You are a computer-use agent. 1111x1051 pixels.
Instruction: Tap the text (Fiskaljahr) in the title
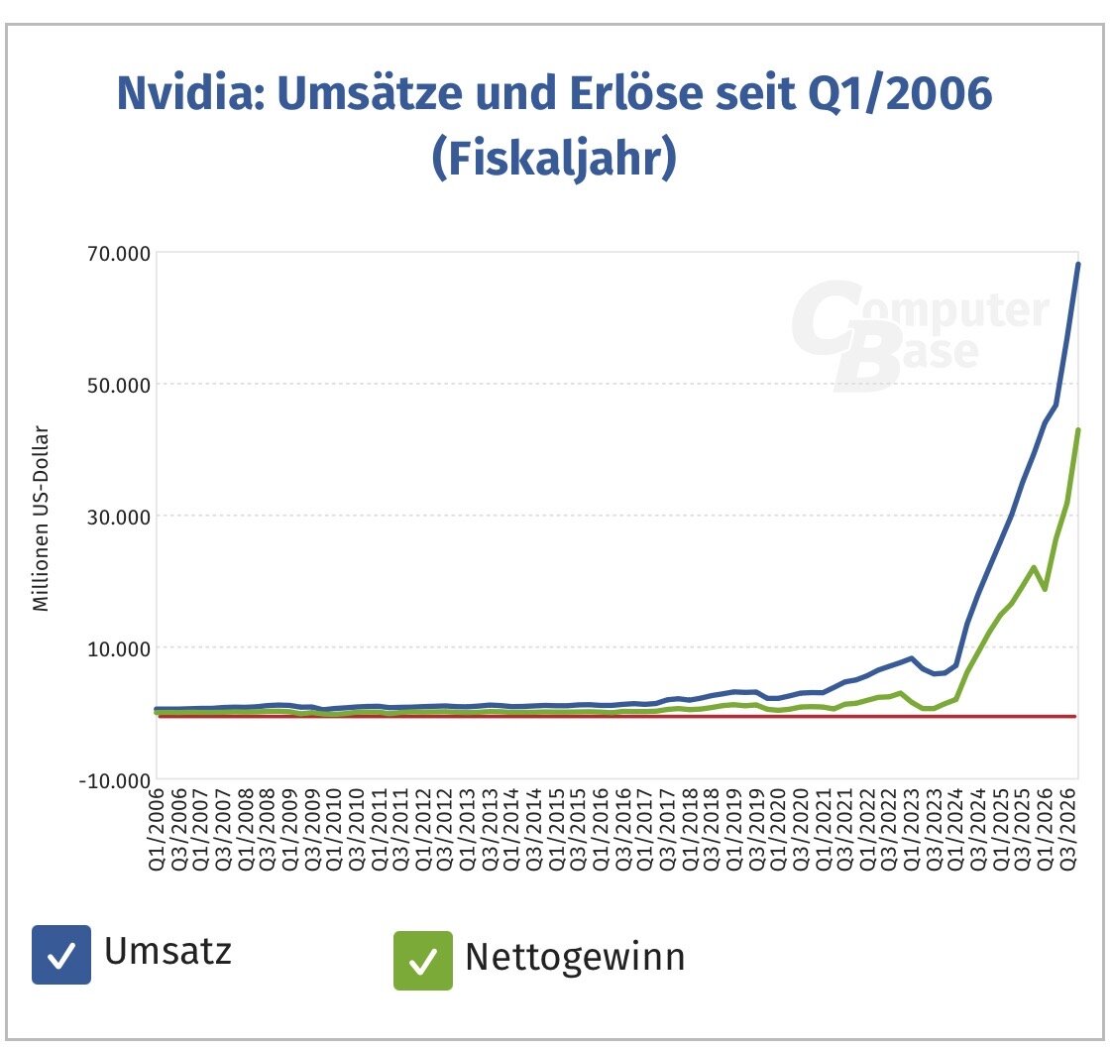click(x=554, y=158)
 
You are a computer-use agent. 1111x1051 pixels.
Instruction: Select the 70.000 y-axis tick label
click(x=113, y=253)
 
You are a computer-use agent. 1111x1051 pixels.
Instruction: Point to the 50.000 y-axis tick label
click(x=113, y=385)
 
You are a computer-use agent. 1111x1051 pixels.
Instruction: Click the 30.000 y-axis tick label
click(x=113, y=516)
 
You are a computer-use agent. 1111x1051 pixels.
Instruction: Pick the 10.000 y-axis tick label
click(x=113, y=647)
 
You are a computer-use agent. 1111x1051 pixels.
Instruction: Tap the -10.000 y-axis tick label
click(x=109, y=779)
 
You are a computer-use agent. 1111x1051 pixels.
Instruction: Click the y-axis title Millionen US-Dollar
click(x=41, y=519)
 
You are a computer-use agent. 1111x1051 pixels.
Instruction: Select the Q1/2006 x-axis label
click(x=157, y=829)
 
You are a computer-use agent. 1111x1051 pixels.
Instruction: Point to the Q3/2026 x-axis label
click(x=1070, y=829)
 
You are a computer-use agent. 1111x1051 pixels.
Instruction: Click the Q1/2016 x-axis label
click(x=601, y=829)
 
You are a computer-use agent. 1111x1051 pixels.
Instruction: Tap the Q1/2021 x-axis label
click(x=823, y=829)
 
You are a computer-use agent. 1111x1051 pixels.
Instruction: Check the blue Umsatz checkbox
click(x=61, y=955)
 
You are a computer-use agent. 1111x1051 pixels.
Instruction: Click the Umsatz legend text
click(x=167, y=951)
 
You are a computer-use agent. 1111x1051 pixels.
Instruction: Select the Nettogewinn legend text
click(x=575, y=958)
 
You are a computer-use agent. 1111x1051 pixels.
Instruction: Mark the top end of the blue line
click(x=1078, y=264)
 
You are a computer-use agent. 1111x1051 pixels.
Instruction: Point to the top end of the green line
click(x=1078, y=430)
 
